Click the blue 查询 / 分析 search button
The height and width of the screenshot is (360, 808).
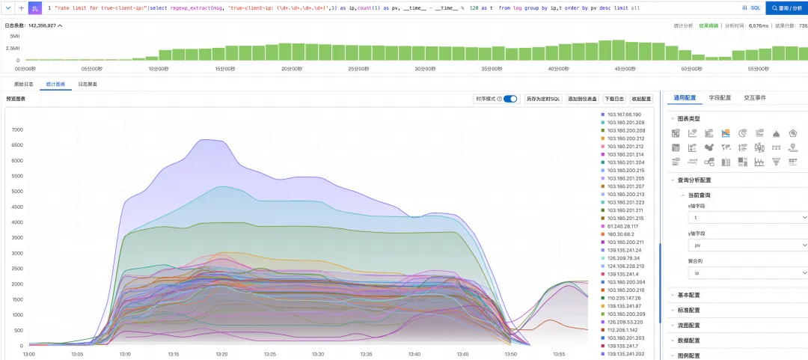coord(786,7)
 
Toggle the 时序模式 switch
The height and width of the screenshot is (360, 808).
coord(510,99)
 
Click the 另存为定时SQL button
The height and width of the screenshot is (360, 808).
coord(542,99)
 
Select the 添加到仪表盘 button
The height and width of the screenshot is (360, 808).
coord(582,99)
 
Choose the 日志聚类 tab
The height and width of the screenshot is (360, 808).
coord(88,84)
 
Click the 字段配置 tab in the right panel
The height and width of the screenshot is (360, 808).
coord(720,97)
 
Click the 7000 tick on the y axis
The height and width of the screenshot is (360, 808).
coord(16,129)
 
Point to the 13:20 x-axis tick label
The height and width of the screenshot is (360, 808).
coord(222,354)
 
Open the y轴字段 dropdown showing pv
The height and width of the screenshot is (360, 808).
coord(747,245)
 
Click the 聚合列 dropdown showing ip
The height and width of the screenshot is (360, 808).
coord(747,273)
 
